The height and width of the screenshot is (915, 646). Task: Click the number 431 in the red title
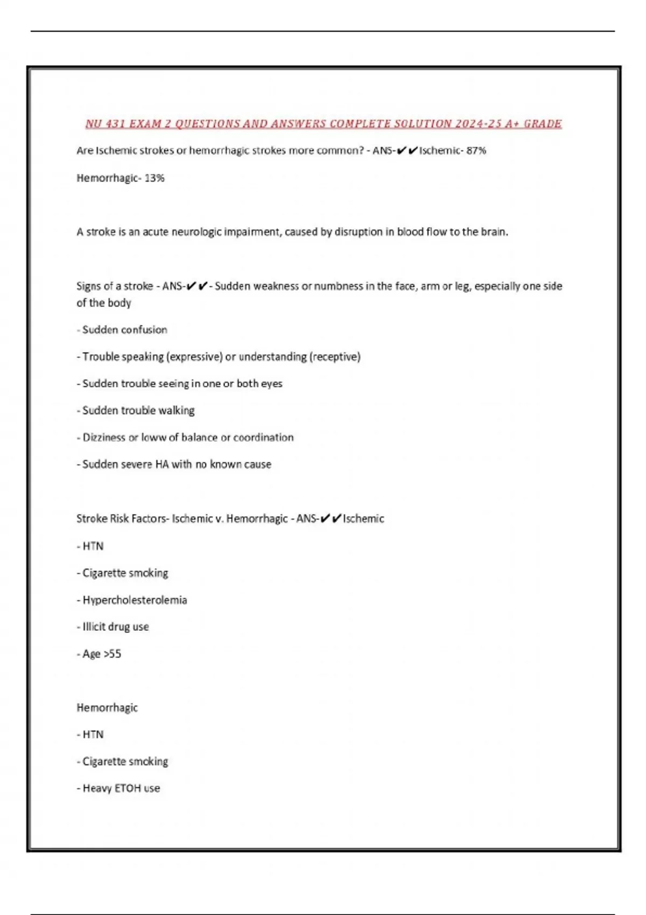point(115,124)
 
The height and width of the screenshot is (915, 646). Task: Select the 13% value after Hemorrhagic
point(155,178)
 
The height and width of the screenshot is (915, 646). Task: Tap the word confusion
point(146,330)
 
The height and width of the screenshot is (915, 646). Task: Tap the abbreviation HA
point(162,464)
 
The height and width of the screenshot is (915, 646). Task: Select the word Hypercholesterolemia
point(135,600)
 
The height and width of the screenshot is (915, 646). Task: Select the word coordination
point(263,438)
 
